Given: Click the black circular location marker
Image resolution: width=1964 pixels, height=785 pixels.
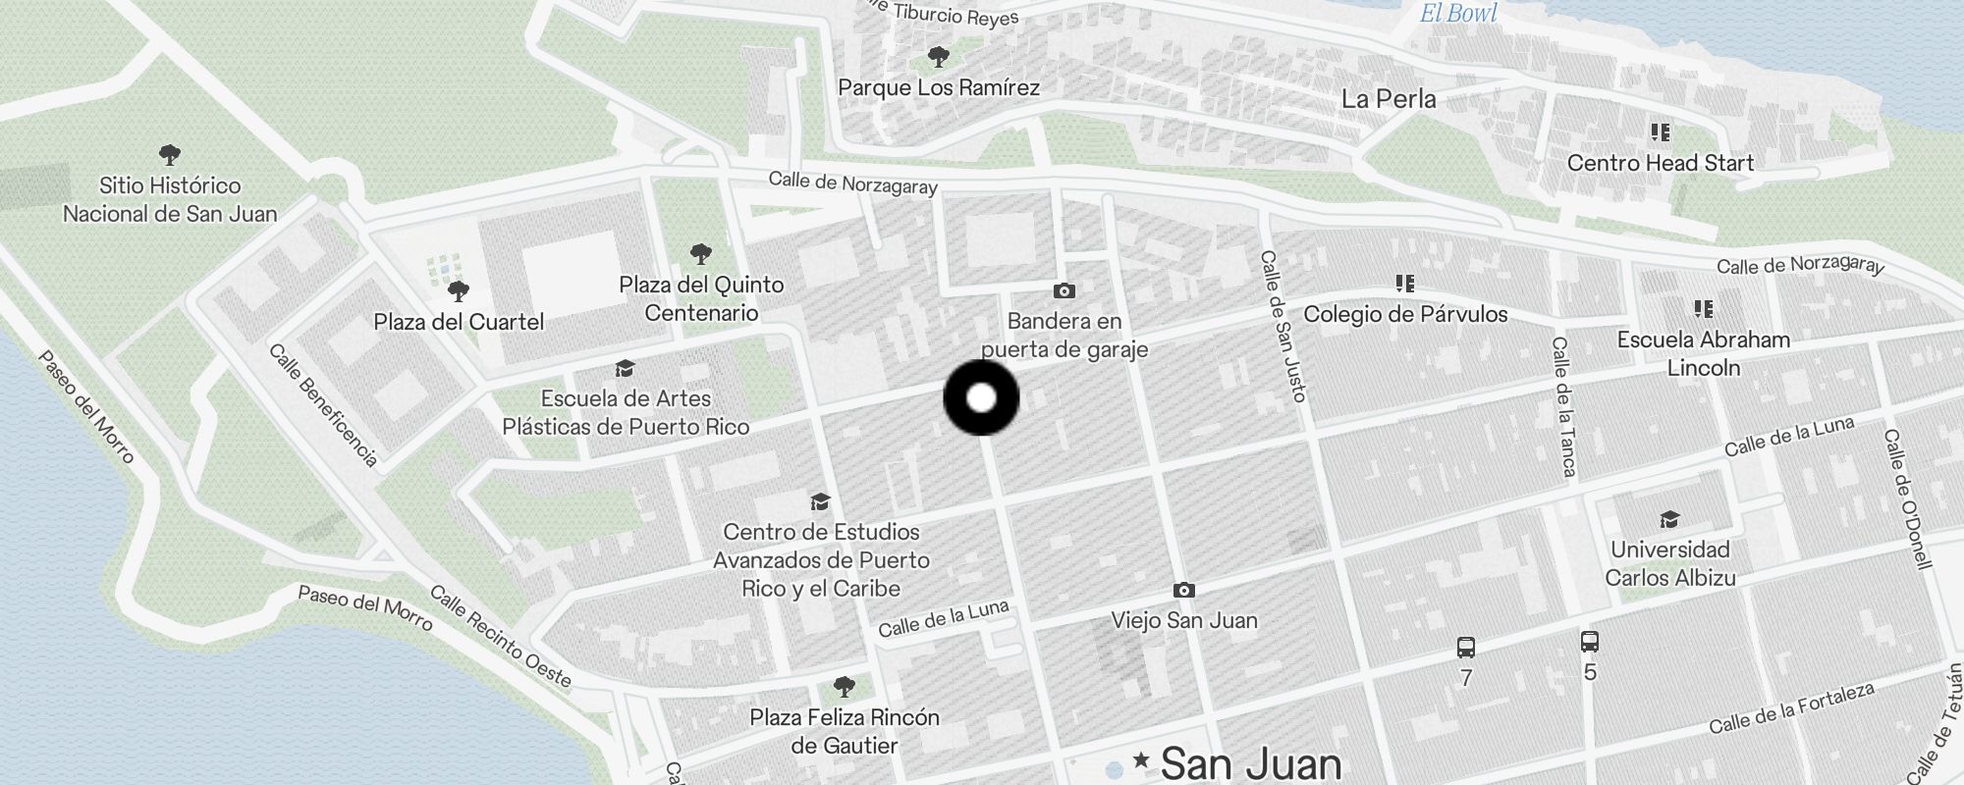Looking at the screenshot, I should pos(981,397).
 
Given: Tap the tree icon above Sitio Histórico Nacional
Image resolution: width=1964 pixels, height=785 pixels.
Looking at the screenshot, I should pos(170,154).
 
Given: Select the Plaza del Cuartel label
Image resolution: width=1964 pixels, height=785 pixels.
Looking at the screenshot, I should pos(459,322).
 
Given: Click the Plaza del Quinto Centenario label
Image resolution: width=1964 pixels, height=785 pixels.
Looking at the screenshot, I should pos(701,298).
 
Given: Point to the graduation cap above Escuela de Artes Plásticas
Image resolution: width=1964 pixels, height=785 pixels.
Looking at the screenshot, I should pos(625,368).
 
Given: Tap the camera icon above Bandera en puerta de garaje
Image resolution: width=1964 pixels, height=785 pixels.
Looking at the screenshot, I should pos(1064,290).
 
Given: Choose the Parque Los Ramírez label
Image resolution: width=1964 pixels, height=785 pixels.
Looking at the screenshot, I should pos(939,87).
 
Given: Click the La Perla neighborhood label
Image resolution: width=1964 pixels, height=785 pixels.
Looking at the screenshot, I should pos(1389,99).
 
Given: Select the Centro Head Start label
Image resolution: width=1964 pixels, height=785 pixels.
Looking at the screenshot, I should pos(1660,163).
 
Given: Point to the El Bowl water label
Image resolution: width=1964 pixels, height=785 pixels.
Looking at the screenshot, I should pos(1458,14).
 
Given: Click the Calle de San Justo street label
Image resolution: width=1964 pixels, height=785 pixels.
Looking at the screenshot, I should pos(1283,326).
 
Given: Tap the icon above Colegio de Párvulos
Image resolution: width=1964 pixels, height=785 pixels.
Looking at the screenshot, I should pos(1405,284).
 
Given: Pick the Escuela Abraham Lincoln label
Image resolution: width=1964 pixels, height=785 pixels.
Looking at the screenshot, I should pos(1703,353).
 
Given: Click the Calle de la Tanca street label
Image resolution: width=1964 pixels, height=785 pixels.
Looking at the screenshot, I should pos(1563,406).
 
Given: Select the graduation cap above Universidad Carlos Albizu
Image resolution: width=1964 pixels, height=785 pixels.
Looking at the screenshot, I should pos(1669,519).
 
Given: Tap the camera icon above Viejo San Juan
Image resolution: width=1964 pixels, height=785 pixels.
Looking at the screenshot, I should pos(1184,590).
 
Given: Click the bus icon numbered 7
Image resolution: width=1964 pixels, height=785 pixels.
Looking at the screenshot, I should pos(1466,648).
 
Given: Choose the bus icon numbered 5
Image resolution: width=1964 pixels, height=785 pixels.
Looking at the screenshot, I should pos(1590,642).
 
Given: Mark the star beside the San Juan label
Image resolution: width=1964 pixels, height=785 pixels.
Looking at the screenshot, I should pos(1141,759).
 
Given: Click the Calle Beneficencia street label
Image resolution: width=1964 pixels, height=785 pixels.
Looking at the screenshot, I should pos(323,404).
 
